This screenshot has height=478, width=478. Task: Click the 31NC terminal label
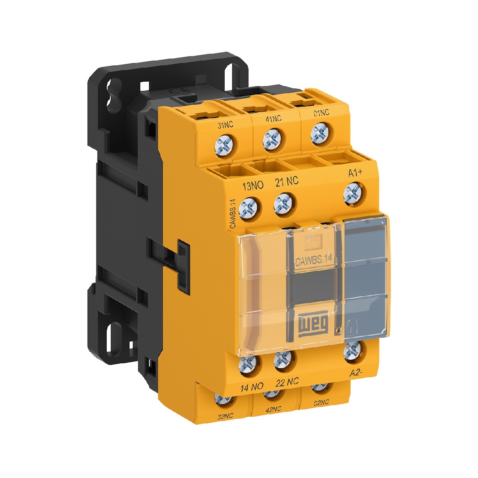[x=225, y=125]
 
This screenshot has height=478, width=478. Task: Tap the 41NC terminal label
[x=273, y=119]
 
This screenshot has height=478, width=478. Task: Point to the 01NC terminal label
[x=321, y=113]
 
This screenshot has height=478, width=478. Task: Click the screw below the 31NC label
[x=223, y=145]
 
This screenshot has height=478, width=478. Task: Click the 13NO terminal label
[x=253, y=186]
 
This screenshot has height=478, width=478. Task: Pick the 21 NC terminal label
[x=287, y=182]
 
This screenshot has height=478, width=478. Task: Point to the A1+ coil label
[x=355, y=173]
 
